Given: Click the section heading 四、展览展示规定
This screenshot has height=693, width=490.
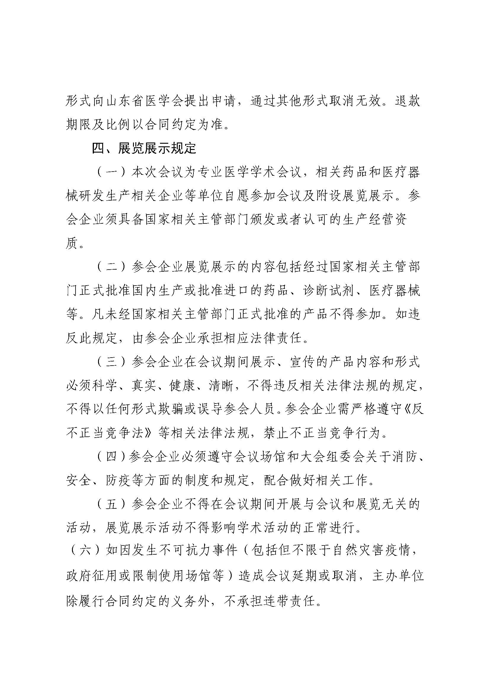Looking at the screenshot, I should pos(144,148).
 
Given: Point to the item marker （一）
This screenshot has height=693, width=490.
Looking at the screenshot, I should pos(111,172).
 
